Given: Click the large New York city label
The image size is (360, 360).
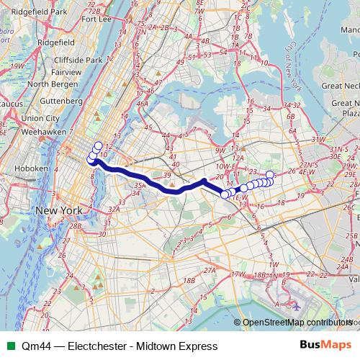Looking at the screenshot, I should (60, 210).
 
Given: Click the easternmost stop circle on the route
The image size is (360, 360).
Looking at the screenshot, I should (270, 175).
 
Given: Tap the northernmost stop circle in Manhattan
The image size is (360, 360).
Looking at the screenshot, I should (99, 146).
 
